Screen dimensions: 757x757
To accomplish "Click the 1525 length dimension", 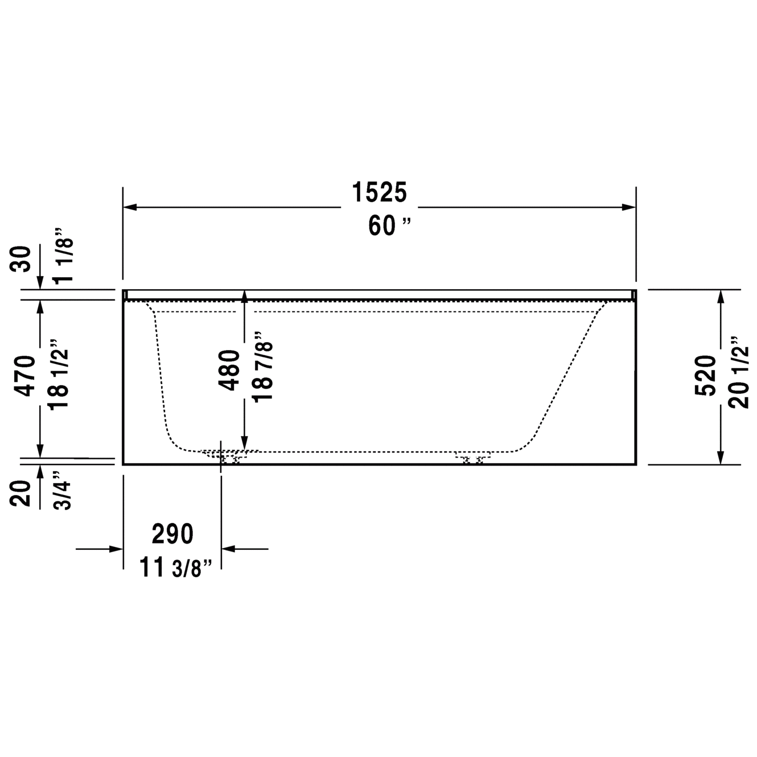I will pos(380,192).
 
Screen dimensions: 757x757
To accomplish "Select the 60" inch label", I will pos(389,226).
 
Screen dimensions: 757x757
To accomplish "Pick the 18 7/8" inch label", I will pos(263,367).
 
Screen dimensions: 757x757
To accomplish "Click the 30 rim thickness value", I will pos(22,260).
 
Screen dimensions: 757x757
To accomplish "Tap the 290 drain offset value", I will pos(172,534).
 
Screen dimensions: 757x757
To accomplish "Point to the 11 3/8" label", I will pos(176,567).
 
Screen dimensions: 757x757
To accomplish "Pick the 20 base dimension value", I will pos(22,492).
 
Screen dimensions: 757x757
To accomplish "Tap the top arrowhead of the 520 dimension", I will pos(721,297).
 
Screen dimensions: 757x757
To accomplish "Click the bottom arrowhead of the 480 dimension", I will pos(244,443).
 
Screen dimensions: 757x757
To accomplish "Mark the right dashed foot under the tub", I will pos(472,458).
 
